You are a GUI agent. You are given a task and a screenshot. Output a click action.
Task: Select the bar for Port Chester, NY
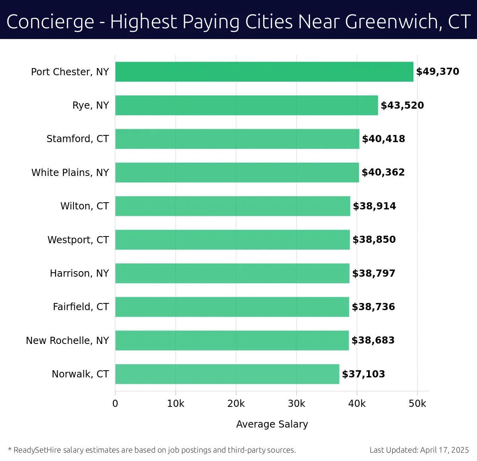click(x=264, y=72)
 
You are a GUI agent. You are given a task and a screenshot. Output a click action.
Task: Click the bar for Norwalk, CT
click(x=227, y=374)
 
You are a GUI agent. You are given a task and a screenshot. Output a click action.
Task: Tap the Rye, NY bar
click(x=246, y=105)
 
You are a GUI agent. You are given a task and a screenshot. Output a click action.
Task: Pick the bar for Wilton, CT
click(x=233, y=206)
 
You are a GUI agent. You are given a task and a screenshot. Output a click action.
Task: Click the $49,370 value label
click(x=437, y=72)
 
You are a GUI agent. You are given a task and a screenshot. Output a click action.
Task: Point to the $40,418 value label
click(x=383, y=139)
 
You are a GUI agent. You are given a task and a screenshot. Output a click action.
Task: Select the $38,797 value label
click(x=374, y=273)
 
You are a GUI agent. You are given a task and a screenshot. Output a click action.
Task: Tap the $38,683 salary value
click(x=373, y=340)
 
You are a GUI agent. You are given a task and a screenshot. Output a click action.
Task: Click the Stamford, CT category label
click(x=78, y=139)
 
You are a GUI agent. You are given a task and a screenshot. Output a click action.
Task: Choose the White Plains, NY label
click(x=70, y=172)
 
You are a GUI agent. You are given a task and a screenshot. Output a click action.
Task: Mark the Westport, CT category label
click(x=78, y=240)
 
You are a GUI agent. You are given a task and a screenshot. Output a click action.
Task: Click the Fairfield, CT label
click(x=81, y=307)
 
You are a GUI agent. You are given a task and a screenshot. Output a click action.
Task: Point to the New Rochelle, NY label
click(x=67, y=340)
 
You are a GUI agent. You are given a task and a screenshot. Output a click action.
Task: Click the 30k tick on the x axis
click(x=296, y=404)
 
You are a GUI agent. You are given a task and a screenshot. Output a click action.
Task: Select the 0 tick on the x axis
click(x=115, y=404)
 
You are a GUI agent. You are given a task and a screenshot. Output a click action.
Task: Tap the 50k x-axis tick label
click(x=417, y=404)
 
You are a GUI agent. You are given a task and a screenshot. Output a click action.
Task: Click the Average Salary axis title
click(x=272, y=424)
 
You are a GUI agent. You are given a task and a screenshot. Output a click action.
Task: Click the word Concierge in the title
click(x=50, y=22)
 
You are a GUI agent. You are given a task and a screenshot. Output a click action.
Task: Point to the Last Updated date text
click(x=419, y=450)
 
